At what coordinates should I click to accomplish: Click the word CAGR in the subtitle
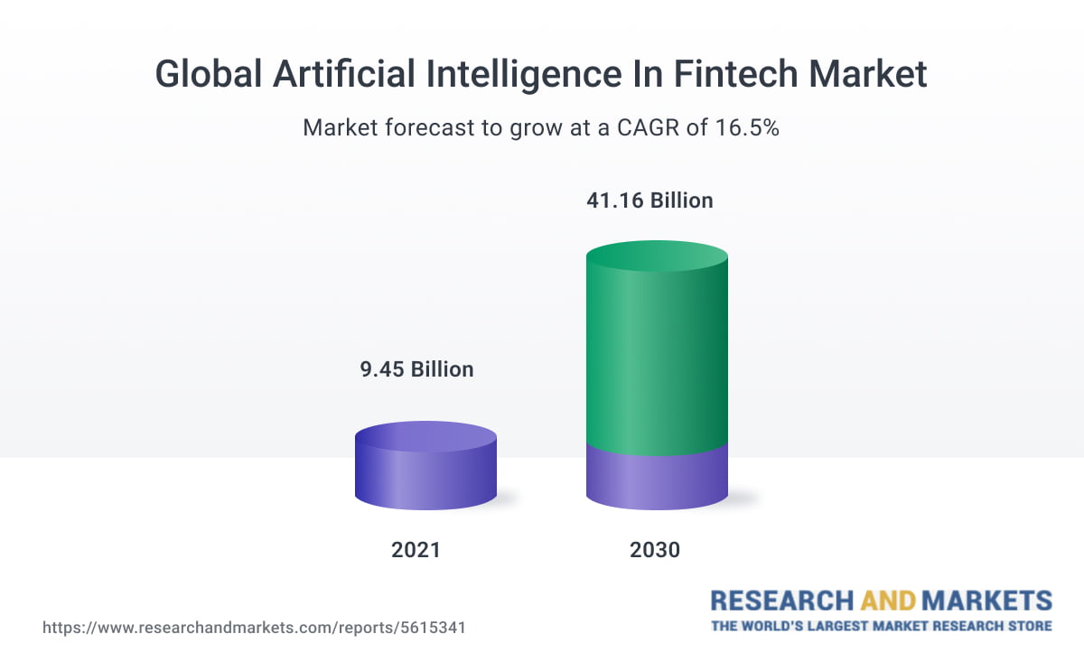tap(649, 127)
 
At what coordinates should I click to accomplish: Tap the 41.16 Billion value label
tap(650, 200)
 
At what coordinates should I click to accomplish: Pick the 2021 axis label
tap(416, 549)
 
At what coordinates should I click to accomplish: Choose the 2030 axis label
tap(655, 549)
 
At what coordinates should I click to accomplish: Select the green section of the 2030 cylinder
tap(657, 361)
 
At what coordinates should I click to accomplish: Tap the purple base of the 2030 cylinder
tap(657, 479)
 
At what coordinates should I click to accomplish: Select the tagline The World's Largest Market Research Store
tap(881, 626)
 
